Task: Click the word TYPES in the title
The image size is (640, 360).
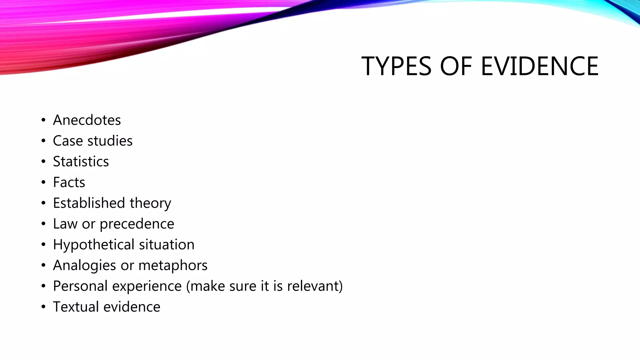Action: coord(396,66)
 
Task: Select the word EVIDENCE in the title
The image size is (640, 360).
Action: coord(539,66)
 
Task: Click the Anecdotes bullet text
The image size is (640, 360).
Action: coord(87,120)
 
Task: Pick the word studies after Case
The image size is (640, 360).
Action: coord(110,141)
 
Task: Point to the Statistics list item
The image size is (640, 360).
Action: coord(81,162)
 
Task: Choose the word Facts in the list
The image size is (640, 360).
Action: coord(69,182)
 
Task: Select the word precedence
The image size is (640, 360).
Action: coord(137,224)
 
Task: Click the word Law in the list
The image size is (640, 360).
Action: coord(65,224)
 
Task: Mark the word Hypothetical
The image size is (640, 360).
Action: coord(94,245)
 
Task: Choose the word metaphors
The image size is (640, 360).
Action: coord(173,266)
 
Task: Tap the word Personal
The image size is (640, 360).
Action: coord(80,286)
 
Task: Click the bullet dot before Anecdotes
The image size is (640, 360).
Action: coord(43,120)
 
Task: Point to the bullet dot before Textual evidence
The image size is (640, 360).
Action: coord(43,307)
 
